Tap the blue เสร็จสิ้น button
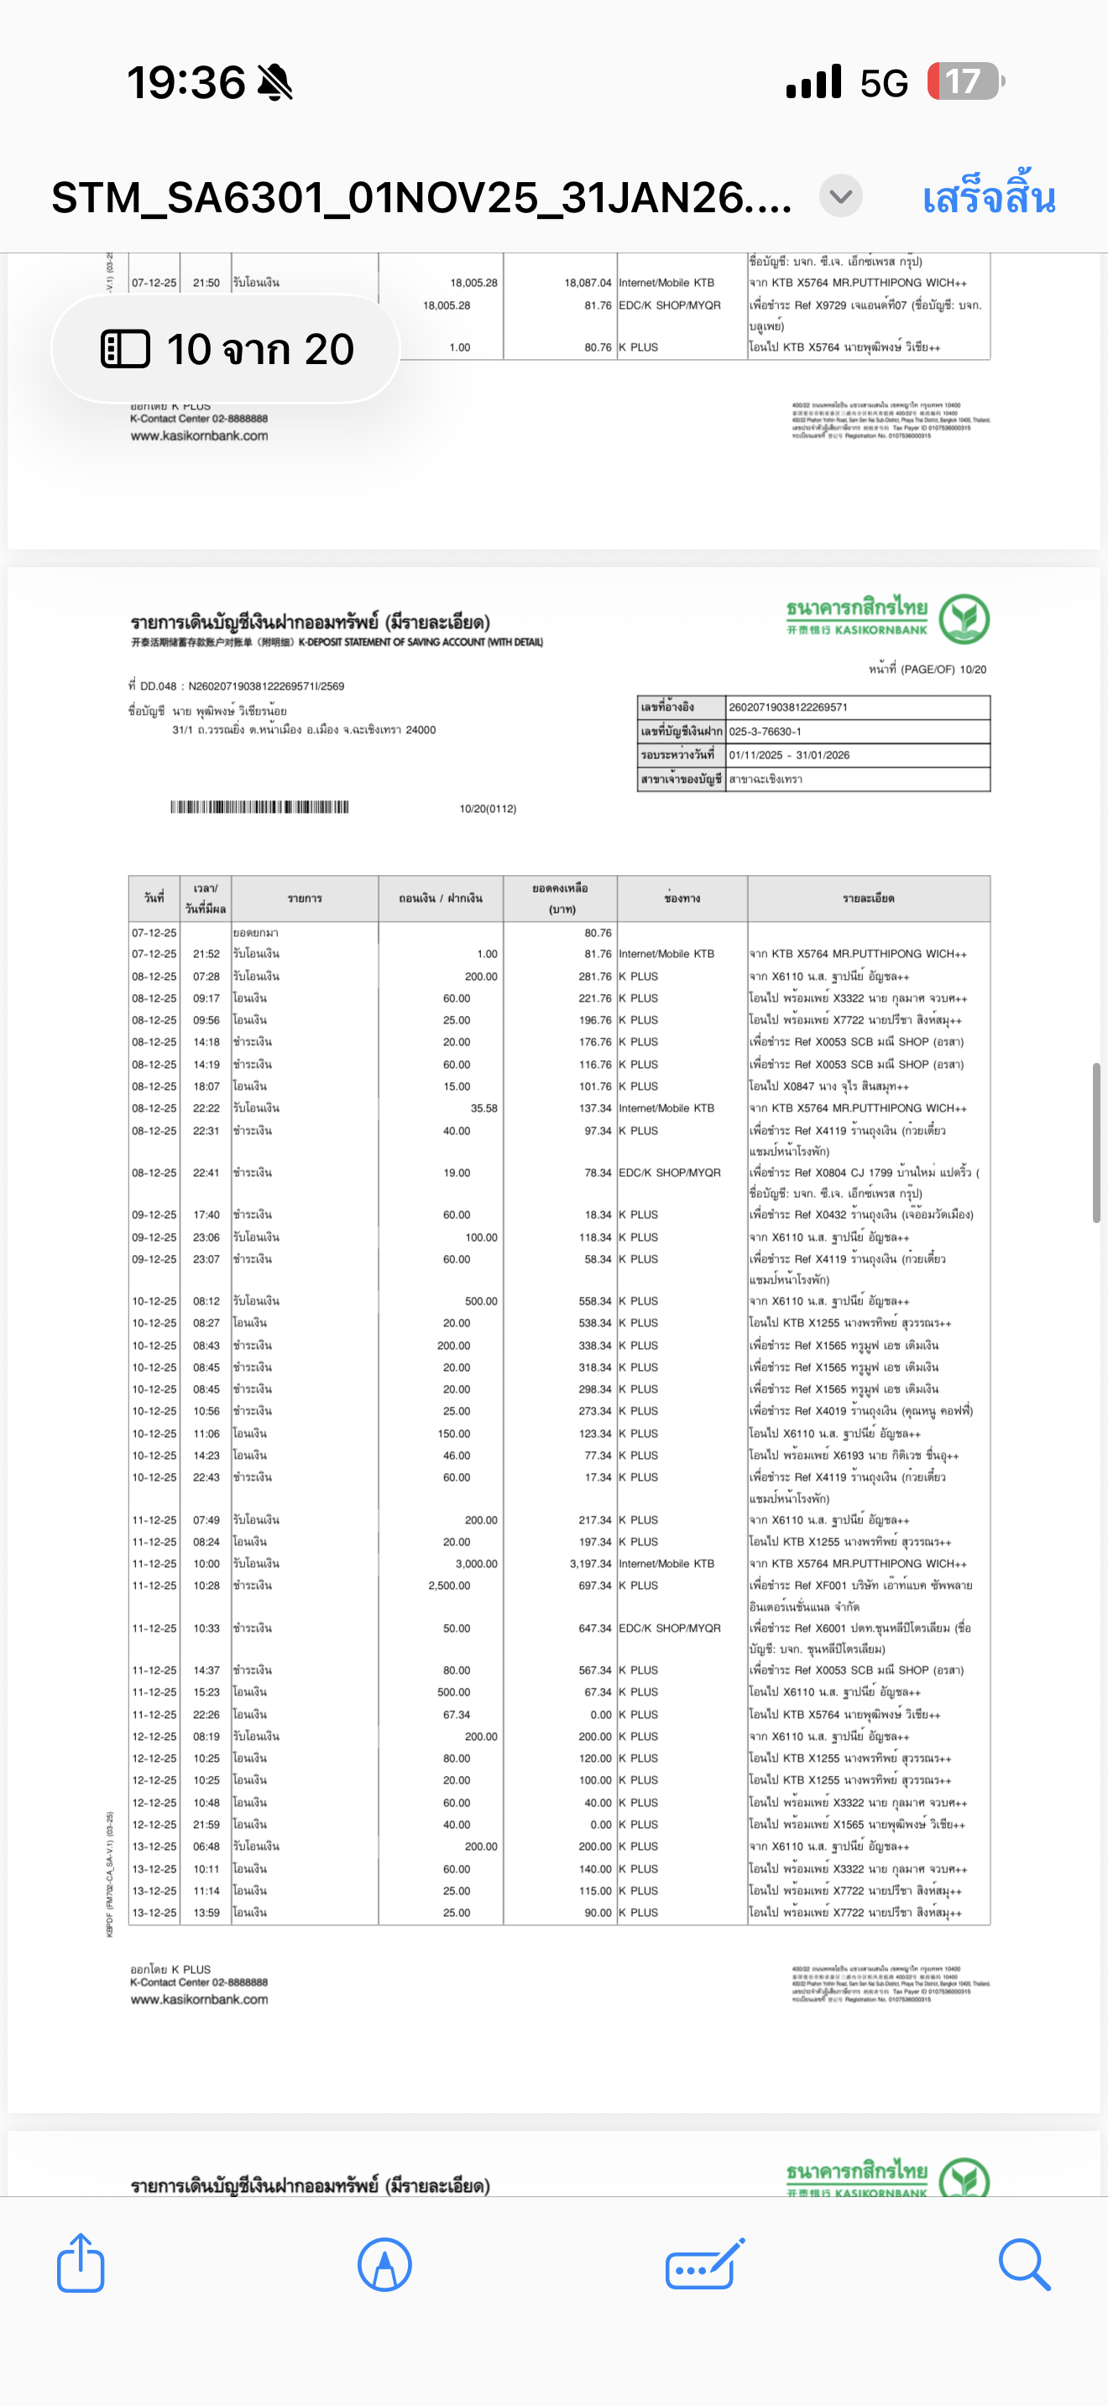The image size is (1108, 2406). (x=989, y=198)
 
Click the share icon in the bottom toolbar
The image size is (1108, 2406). (x=81, y=2263)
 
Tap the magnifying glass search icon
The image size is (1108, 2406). (x=1024, y=2263)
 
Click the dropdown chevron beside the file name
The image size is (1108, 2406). (x=841, y=196)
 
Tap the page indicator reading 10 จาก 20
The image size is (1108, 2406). (x=227, y=349)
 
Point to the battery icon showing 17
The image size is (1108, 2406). (x=964, y=82)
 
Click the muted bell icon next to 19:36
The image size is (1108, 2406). (x=274, y=83)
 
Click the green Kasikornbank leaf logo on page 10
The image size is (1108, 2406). (x=963, y=618)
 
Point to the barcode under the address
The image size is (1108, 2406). (x=259, y=807)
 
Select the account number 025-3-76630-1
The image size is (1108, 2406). (x=766, y=732)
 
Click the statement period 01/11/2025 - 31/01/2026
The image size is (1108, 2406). (x=789, y=755)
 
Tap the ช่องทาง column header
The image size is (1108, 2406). (x=682, y=898)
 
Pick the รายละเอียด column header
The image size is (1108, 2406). (x=868, y=898)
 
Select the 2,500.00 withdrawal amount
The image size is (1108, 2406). (x=449, y=1585)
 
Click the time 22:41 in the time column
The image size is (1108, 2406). (x=206, y=1173)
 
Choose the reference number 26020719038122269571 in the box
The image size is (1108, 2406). (x=788, y=707)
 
